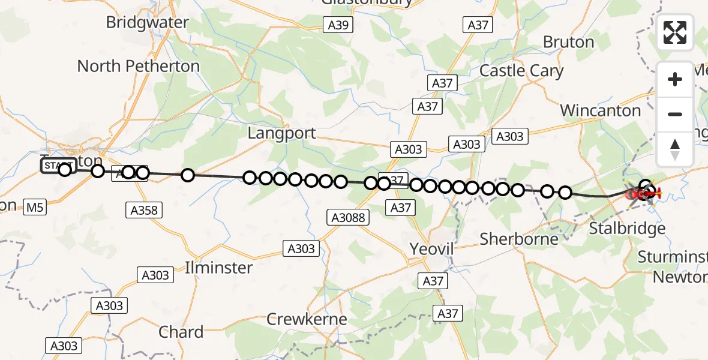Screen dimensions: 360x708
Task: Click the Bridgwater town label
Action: coord(147,23)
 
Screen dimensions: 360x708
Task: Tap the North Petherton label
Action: coord(138,66)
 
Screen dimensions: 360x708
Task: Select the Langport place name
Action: coord(281,133)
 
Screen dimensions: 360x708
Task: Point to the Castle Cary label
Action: coord(521,71)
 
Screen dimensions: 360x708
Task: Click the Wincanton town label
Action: coord(600,110)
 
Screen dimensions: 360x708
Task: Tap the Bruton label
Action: coord(568,42)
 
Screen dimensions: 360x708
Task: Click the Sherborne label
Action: coord(519,239)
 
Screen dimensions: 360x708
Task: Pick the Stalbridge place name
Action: coord(627,228)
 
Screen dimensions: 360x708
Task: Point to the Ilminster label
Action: coord(219,267)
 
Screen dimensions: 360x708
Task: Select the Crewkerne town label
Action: coord(306,319)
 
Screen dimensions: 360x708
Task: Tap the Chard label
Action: coord(181,332)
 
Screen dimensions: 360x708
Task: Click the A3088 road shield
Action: coord(348,218)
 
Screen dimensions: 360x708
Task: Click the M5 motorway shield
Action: coord(35,208)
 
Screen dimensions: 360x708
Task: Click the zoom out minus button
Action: coord(675,114)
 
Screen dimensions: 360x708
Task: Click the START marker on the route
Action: coord(57,166)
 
